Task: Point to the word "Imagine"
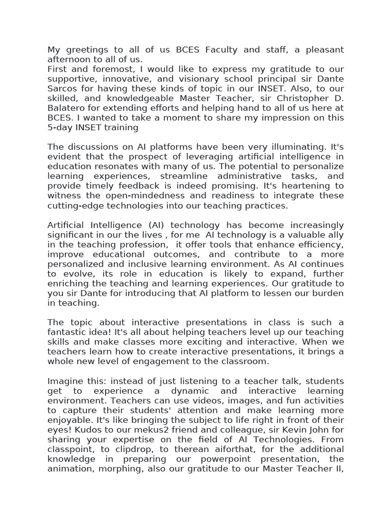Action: pos(65,382)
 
